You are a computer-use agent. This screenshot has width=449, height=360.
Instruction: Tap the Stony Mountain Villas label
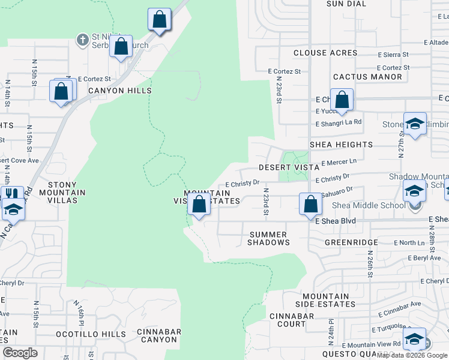[67, 193]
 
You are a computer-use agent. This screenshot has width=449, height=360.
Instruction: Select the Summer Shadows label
[269, 238]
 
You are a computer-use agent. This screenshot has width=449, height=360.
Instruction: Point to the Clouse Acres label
[325, 53]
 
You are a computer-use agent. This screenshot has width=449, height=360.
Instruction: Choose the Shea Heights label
[341, 145]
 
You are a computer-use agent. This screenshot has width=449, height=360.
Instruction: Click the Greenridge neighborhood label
[351, 242]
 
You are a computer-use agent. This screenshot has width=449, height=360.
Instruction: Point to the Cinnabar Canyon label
[158, 335]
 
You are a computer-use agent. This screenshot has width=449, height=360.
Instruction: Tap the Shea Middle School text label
[369, 206]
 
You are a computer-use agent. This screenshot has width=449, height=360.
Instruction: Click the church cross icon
[82, 40]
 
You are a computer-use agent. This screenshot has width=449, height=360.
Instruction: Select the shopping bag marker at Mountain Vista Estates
[199, 205]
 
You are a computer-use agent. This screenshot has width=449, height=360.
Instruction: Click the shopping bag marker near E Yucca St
[342, 100]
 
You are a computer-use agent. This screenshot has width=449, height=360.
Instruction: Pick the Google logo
[20, 353]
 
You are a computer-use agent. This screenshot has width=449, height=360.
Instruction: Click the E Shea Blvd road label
[336, 221]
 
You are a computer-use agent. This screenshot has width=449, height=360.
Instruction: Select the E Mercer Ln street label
[339, 162]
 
